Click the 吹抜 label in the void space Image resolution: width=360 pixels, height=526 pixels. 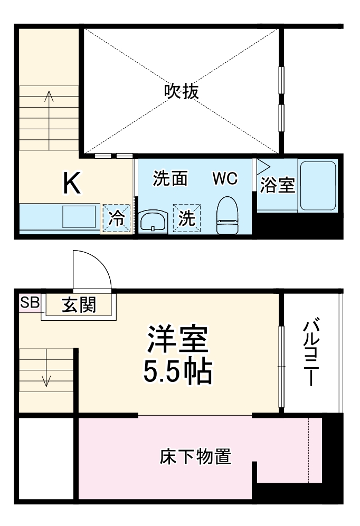click(181, 92)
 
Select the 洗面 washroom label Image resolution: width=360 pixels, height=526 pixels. click(170, 179)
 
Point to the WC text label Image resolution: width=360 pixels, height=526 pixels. click(225, 179)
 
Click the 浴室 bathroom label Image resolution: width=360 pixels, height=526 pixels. click(278, 185)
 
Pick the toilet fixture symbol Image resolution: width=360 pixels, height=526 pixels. click(228, 215)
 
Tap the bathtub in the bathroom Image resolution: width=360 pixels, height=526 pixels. click(318, 185)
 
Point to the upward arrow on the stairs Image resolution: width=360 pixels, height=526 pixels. click(50, 97)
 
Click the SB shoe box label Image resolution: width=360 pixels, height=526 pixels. click(30, 303)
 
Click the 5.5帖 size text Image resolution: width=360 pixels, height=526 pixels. click(178, 372)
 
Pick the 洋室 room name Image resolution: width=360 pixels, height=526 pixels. click(178, 340)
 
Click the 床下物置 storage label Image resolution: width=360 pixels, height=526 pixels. click(195, 456)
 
